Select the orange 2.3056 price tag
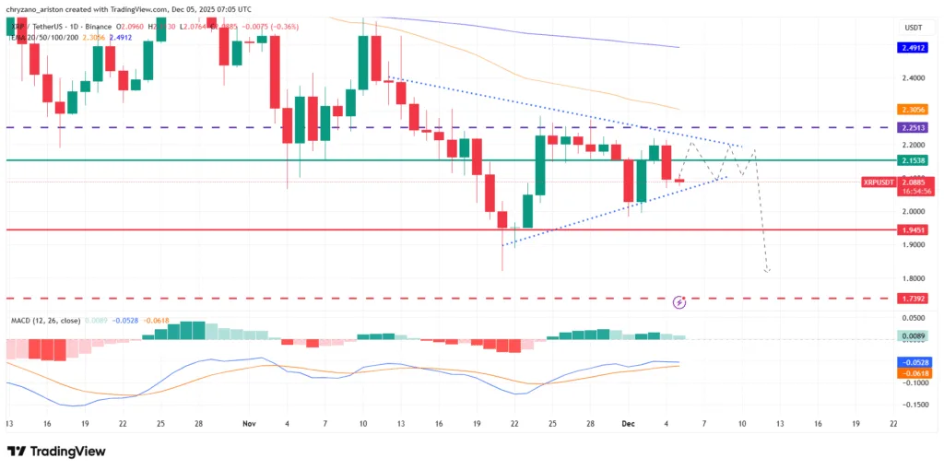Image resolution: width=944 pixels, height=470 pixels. click(914, 109)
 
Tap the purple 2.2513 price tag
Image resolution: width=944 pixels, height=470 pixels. click(914, 127)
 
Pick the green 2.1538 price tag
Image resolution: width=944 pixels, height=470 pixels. click(914, 160)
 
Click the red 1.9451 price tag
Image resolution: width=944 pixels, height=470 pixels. click(914, 229)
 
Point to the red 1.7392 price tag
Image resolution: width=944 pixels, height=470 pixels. click(914, 299)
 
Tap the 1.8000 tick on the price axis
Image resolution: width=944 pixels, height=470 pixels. click(914, 278)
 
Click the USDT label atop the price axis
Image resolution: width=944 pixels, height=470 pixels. click(914, 28)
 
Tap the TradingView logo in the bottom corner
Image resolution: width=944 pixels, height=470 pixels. click(54, 452)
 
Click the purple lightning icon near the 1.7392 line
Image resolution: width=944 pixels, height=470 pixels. click(679, 301)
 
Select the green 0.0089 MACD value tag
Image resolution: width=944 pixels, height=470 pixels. click(914, 337)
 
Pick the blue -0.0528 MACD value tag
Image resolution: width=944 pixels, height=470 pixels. click(914, 363)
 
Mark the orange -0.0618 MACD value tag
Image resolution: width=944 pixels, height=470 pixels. click(914, 373)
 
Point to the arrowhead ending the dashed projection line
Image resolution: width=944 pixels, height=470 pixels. click(767, 271)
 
